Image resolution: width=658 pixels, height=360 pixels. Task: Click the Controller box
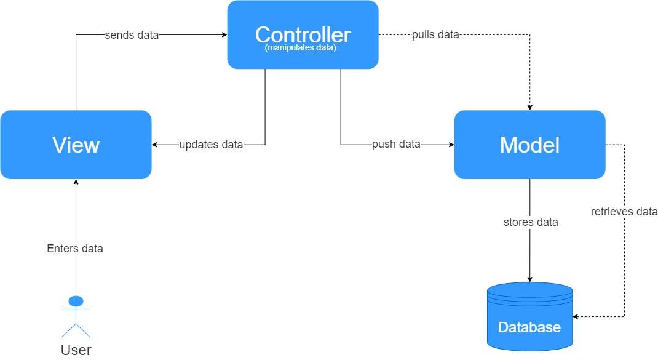click(303, 34)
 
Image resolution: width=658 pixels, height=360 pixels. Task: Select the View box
click(76, 145)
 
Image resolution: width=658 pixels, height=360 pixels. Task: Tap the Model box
click(529, 145)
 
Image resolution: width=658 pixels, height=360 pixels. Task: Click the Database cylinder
click(529, 316)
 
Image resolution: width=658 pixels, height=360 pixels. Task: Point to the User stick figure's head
click(76, 301)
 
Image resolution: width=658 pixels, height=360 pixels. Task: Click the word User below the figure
click(76, 350)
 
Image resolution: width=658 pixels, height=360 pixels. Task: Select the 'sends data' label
click(132, 35)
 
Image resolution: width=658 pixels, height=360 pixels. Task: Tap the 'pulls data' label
click(435, 34)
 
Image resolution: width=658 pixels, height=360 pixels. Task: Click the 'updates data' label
click(211, 145)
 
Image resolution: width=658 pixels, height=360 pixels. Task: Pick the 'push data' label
click(396, 144)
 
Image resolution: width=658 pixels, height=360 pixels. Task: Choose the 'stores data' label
click(531, 222)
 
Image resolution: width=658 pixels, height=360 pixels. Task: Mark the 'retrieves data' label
click(624, 212)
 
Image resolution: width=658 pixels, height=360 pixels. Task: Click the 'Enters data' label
click(75, 248)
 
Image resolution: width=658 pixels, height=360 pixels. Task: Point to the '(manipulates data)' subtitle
click(301, 48)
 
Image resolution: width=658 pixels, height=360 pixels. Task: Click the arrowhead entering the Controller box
click(224, 35)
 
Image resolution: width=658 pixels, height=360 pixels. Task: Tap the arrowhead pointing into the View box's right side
click(154, 145)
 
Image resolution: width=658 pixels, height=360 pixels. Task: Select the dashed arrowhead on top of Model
click(529, 108)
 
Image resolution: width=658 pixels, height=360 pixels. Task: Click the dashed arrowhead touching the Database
click(576, 316)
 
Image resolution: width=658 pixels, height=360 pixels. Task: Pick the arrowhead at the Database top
click(529, 279)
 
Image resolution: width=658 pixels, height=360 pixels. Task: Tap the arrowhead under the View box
click(76, 182)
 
